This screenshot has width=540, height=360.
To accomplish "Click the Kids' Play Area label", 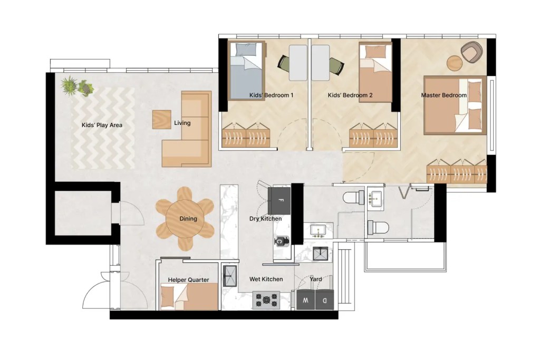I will [102, 125].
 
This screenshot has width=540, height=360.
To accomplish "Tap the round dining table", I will [185, 219].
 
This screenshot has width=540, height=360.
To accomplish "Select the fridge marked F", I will [280, 200].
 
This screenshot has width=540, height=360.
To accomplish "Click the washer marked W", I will [306, 301].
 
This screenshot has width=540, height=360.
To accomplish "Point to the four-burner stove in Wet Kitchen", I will [266, 300].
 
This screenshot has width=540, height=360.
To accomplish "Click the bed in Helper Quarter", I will [189, 297].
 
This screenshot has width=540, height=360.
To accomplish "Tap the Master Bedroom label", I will [443, 95].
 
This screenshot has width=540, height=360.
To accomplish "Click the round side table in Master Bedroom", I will [455, 63].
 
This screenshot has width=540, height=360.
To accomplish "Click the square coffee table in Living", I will [162, 119].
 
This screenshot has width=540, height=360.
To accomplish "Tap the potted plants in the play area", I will [77, 86].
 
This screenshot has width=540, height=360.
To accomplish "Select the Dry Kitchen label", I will [265, 219].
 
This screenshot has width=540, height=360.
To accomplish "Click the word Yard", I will [316, 279].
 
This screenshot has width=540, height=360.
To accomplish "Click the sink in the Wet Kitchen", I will [230, 275].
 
